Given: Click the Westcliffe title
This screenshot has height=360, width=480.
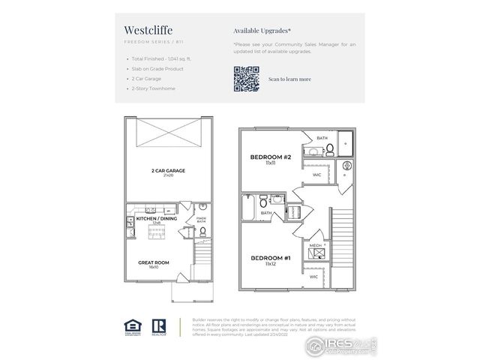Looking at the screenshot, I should pyautogui.click(x=146, y=31).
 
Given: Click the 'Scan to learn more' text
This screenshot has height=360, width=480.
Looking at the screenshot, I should pyautogui.click(x=289, y=79).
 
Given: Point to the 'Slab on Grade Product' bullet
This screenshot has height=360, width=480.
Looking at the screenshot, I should pyautogui.click(x=158, y=68).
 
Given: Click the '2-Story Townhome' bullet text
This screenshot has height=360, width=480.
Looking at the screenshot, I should pyautogui.click(x=153, y=88).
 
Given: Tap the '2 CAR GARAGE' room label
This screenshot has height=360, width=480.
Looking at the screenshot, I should pyautogui.click(x=167, y=172).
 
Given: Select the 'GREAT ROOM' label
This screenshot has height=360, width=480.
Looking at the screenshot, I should pyautogui.click(x=153, y=262).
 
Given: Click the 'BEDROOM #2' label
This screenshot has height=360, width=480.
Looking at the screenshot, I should pyautogui.click(x=266, y=157).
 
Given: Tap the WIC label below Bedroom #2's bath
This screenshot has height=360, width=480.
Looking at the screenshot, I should pyautogui.click(x=316, y=175).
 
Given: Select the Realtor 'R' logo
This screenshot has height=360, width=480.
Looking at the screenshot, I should pyautogui.click(x=158, y=325).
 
